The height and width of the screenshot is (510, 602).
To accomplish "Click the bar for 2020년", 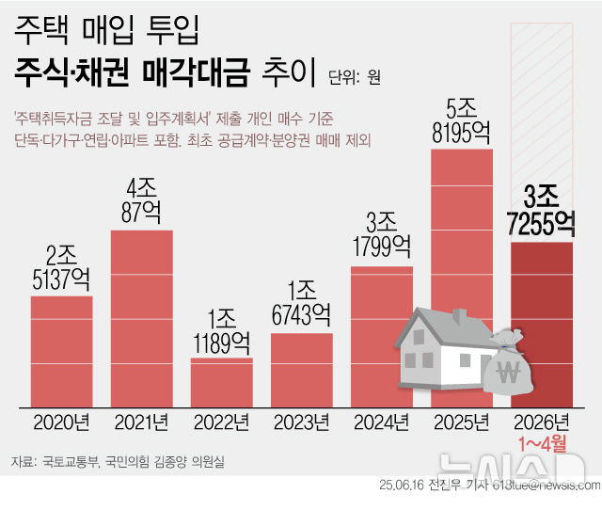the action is pyautogui.click(x=62, y=352).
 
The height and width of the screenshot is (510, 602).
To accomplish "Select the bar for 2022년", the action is pyautogui.click(x=222, y=382).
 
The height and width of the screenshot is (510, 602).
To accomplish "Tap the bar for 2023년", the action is pyautogui.click(x=302, y=370).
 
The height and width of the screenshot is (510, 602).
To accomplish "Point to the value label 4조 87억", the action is pyautogui.click(x=141, y=200).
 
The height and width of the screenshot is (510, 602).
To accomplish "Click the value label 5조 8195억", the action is pyautogui.click(x=461, y=121).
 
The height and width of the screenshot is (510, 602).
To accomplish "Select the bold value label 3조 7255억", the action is pyautogui.click(x=541, y=211).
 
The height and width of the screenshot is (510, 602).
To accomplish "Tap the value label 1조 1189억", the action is pyautogui.click(x=222, y=332).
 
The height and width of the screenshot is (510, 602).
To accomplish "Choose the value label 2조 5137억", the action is pyautogui.click(x=61, y=267).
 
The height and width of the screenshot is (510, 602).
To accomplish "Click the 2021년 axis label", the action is pyautogui.click(x=142, y=422).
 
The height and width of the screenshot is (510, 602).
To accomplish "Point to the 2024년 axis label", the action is pyautogui.click(x=382, y=422).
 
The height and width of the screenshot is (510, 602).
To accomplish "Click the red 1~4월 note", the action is pyautogui.click(x=543, y=444).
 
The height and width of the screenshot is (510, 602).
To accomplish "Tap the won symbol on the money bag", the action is pyautogui.click(x=508, y=372).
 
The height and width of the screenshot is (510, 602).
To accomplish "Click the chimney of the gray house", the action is pyautogui.click(x=459, y=317).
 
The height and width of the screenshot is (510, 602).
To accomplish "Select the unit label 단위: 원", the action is pyautogui.click(x=355, y=77).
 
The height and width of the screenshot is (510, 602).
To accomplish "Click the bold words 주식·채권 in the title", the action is pyautogui.click(x=71, y=72).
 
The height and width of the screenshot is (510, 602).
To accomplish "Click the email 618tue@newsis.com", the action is pyautogui.click(x=547, y=486).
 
